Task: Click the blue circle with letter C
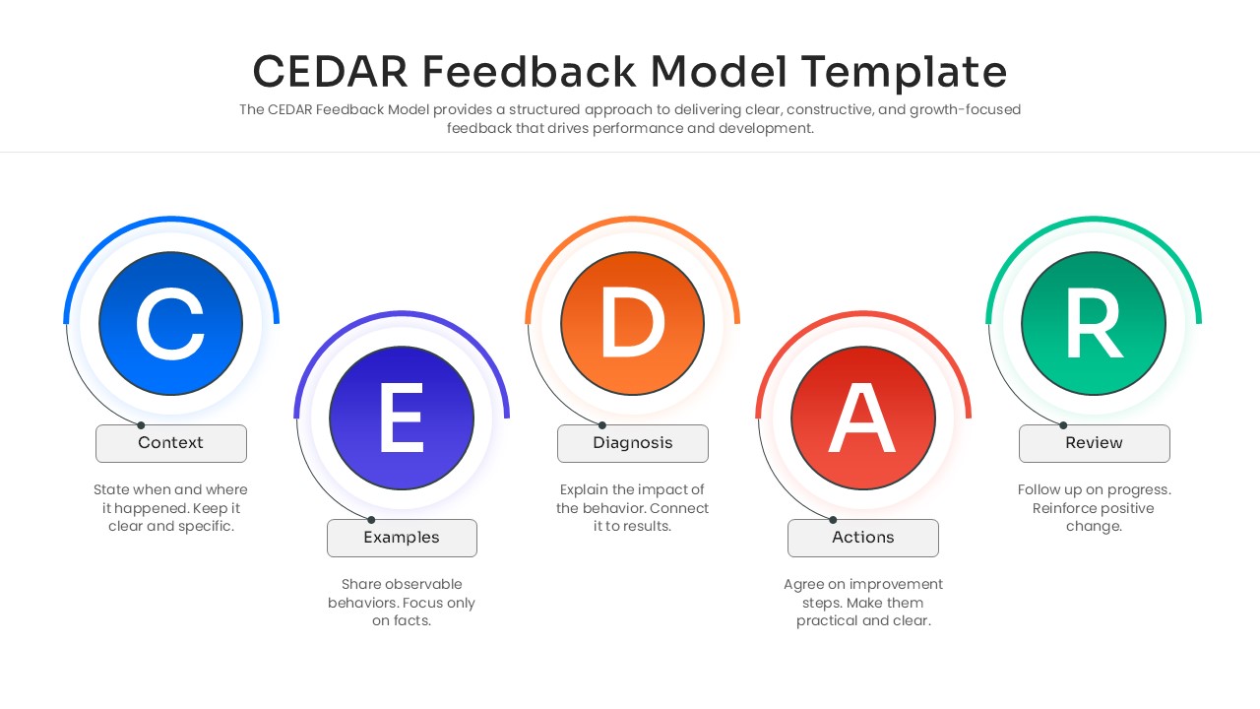[x=170, y=323]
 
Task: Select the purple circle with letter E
[x=402, y=418]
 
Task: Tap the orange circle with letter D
[x=632, y=323]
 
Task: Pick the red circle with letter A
[x=863, y=418]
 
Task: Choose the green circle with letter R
[x=1094, y=323]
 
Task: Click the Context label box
[x=170, y=443]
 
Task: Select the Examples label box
[x=402, y=538]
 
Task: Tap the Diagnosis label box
[x=632, y=443]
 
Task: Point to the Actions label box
[x=863, y=538]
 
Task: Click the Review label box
[x=1094, y=443]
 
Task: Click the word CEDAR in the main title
[x=330, y=72]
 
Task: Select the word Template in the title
[x=904, y=72]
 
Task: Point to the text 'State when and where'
[x=170, y=489]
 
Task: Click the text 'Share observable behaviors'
[x=402, y=593]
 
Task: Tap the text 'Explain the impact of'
[x=632, y=489]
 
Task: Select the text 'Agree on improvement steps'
[x=863, y=593]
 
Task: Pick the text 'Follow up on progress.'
[x=1094, y=489]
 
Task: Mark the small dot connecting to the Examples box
[x=371, y=520]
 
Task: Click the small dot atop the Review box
[x=1063, y=425]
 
